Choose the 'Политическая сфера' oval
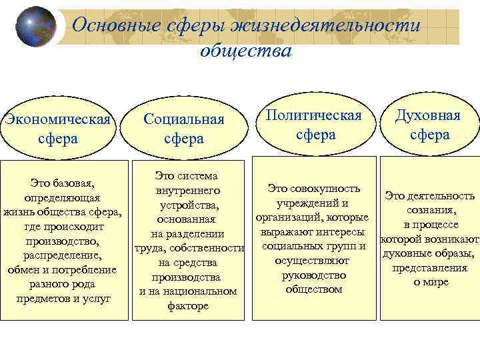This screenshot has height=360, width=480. [x=314, y=125]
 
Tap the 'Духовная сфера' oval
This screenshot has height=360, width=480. [x=428, y=125]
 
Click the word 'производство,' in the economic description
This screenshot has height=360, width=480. [x=63, y=241]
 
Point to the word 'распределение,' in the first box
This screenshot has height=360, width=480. [x=62, y=255]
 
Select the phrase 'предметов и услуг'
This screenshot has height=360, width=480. [x=63, y=298]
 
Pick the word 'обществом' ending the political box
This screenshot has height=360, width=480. [x=313, y=289]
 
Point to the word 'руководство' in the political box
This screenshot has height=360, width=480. [x=314, y=275]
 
